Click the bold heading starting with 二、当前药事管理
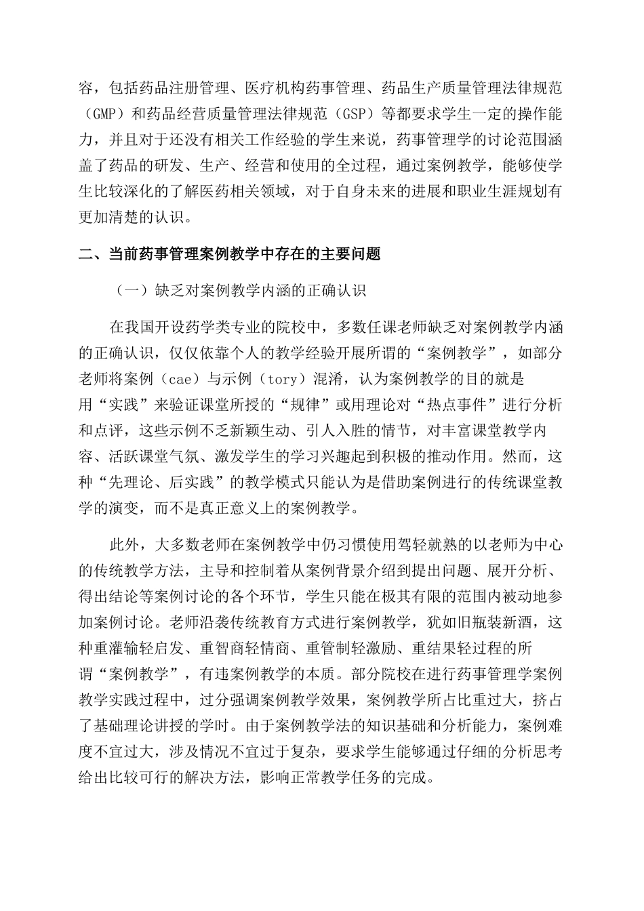coord(230,255)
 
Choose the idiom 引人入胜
coord(355,430)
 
